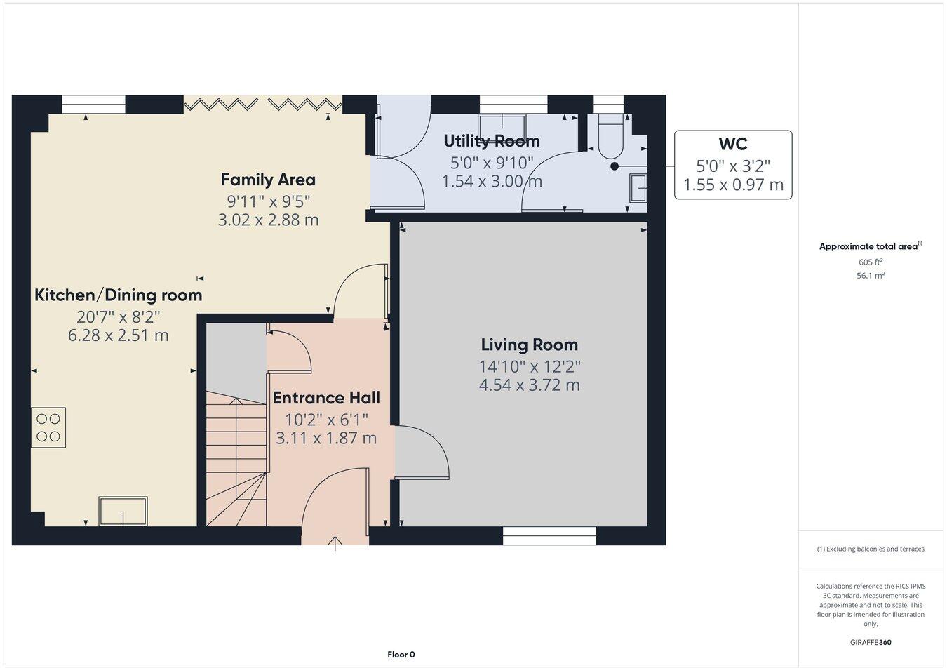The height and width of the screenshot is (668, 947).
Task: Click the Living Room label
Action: coord(529,345)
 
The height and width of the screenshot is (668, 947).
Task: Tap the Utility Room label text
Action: coord(491,141)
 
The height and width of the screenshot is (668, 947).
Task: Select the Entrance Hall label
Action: coord(326,398)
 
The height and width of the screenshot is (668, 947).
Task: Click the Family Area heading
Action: coord(268,180)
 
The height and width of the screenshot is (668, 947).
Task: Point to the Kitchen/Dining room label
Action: coord(119,295)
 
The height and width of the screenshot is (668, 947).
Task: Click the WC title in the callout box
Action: coord(733,145)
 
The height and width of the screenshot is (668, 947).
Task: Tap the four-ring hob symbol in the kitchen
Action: coord(48,427)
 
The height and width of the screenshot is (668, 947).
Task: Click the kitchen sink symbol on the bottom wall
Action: coord(123,511)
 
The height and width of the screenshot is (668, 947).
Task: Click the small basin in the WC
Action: coord(638,188)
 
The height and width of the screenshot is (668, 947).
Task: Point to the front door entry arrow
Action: coord(335,542)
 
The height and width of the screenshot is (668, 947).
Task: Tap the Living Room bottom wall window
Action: coord(549,536)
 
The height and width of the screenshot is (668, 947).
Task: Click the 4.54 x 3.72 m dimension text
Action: coord(529,385)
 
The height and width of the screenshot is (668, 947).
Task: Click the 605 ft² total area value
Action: coord(871,262)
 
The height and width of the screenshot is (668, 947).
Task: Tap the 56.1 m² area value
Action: coord(871,276)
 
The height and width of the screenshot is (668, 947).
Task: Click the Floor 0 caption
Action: coord(401,655)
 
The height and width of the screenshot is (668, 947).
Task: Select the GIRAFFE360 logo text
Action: coord(871,642)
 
